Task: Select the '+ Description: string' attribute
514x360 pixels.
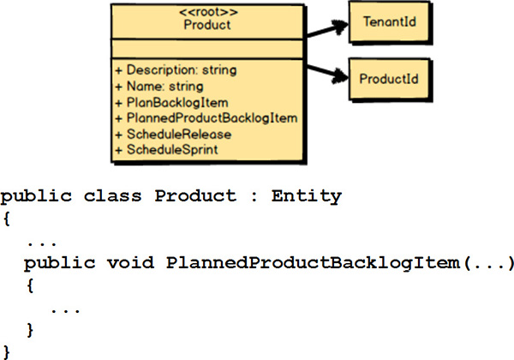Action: point(175,69)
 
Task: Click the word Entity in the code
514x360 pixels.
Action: point(306,196)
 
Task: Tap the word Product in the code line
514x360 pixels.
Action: point(194,196)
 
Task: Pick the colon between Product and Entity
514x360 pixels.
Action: point(251,197)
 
